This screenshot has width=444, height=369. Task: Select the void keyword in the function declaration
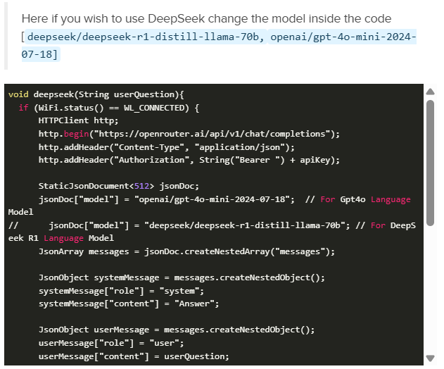pyautogui.click(x=18, y=94)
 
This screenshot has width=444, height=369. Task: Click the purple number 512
pyautogui.click(x=139, y=186)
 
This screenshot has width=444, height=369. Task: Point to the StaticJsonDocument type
pyautogui.click(x=84, y=186)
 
